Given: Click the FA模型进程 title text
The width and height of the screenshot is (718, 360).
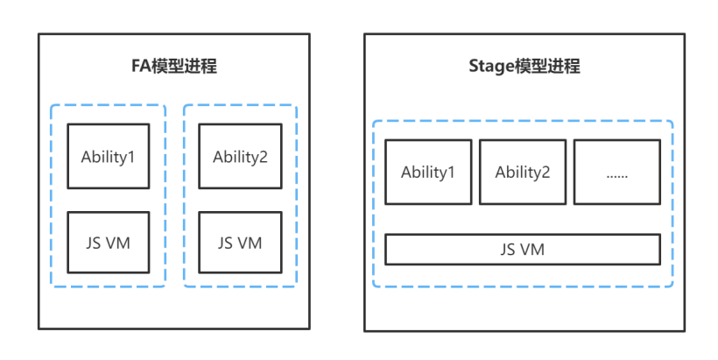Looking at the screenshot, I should pos(173,67).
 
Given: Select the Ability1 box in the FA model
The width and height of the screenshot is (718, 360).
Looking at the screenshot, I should pos(109,156).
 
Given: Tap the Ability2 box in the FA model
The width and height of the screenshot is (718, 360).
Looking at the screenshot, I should pos(240,156).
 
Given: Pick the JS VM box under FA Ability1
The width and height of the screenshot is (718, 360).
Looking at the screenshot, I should pos(109,243).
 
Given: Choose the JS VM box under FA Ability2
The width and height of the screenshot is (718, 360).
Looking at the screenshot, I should pos(240,243).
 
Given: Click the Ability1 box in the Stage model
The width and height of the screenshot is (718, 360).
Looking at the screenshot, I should pos(428,172).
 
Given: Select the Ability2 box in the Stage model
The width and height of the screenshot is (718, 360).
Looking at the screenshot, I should pos(523,172).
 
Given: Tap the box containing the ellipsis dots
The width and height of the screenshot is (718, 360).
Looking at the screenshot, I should pos(616,172).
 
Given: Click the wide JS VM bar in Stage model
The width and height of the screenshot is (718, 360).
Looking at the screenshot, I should pos(523,250).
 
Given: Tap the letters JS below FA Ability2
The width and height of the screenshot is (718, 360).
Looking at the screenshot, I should pos(226,243).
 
